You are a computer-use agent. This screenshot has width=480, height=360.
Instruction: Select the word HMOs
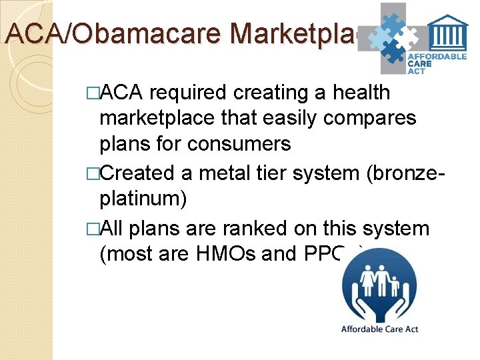pyautogui.click(x=251, y=253)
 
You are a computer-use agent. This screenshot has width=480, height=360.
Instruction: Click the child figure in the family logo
pyautogui.click(x=395, y=285)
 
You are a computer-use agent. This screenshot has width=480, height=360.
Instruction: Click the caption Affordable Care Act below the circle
pyautogui.click(x=379, y=329)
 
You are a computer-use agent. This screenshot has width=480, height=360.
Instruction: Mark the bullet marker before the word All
pyautogui.click(x=93, y=229)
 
